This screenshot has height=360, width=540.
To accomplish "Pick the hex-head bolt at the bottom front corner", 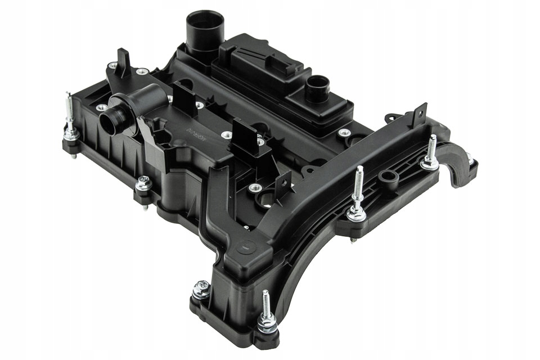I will click(201, 289).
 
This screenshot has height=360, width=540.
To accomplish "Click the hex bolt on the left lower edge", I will click(143, 184).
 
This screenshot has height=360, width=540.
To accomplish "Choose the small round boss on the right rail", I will click(388, 178).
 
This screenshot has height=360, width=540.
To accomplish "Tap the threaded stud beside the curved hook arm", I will click(431, 152).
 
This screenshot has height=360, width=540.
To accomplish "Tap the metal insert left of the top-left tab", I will click(112, 65).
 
